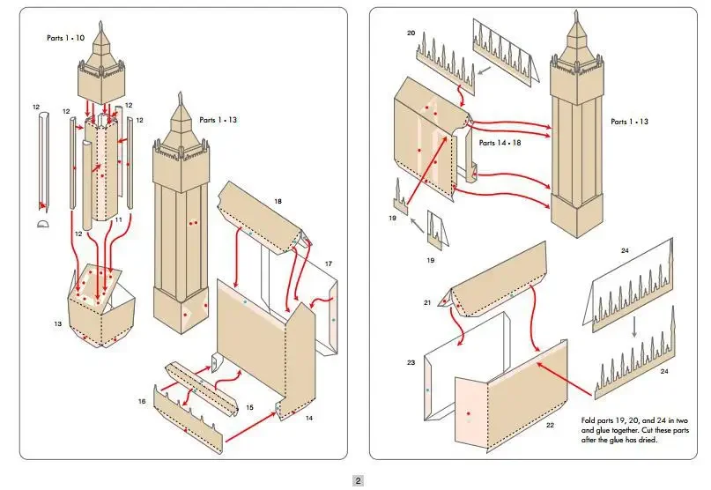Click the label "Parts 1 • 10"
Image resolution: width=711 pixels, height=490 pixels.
(67, 38)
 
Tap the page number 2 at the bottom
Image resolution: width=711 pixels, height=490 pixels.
(358, 480)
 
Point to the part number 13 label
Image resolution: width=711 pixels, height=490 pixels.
(58, 324)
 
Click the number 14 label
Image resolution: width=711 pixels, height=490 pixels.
(308, 418)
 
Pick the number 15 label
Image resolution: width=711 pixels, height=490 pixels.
(249, 407)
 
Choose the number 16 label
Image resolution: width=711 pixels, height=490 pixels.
(141, 401)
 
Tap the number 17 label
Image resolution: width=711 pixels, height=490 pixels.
(329, 264)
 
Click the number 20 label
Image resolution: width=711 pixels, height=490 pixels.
(411, 33)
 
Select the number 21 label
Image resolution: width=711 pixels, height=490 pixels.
(426, 302)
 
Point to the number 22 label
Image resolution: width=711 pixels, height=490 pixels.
(549, 425)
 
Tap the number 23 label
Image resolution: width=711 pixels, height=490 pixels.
(411, 362)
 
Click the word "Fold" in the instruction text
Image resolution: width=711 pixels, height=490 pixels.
(590, 420)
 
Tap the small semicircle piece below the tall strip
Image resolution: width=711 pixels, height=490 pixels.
(44, 225)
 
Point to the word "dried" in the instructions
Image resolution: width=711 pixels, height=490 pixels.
(648, 440)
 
